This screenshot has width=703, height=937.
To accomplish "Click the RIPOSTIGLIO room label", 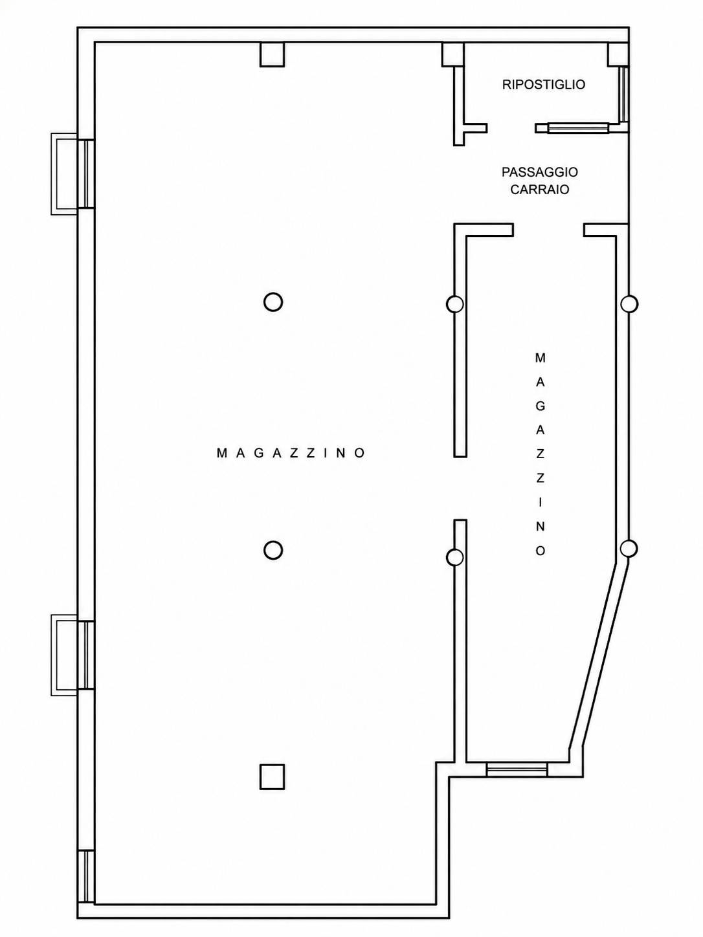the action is coord(543,85).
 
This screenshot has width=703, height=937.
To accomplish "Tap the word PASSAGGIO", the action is coord(539,172).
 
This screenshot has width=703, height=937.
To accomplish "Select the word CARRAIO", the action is coord(539,189).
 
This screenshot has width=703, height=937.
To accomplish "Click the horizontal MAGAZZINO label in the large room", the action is coord(291,453).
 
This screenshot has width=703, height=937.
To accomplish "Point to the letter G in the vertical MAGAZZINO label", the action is coord(540,406).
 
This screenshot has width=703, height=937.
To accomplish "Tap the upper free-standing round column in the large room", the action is coord(273,302).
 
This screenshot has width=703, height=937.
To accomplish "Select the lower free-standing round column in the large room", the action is coord(273,550).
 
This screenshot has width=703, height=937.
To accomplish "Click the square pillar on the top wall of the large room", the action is coord(273,54).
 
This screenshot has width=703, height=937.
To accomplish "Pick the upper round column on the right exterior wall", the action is coord(629,304).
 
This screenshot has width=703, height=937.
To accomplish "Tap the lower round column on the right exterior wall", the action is coord(629,549).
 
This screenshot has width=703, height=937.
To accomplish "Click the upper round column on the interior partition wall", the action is coord(454,304).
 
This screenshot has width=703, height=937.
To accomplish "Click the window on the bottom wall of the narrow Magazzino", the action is coord(517,769).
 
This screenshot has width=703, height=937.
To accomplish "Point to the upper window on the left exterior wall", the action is coord(86,173).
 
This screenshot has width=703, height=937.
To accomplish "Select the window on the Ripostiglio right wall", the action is coord(625,94).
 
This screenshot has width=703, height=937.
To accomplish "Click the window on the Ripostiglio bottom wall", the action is coord(578,128).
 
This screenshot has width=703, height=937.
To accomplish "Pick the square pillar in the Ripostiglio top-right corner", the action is coord(618,54).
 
